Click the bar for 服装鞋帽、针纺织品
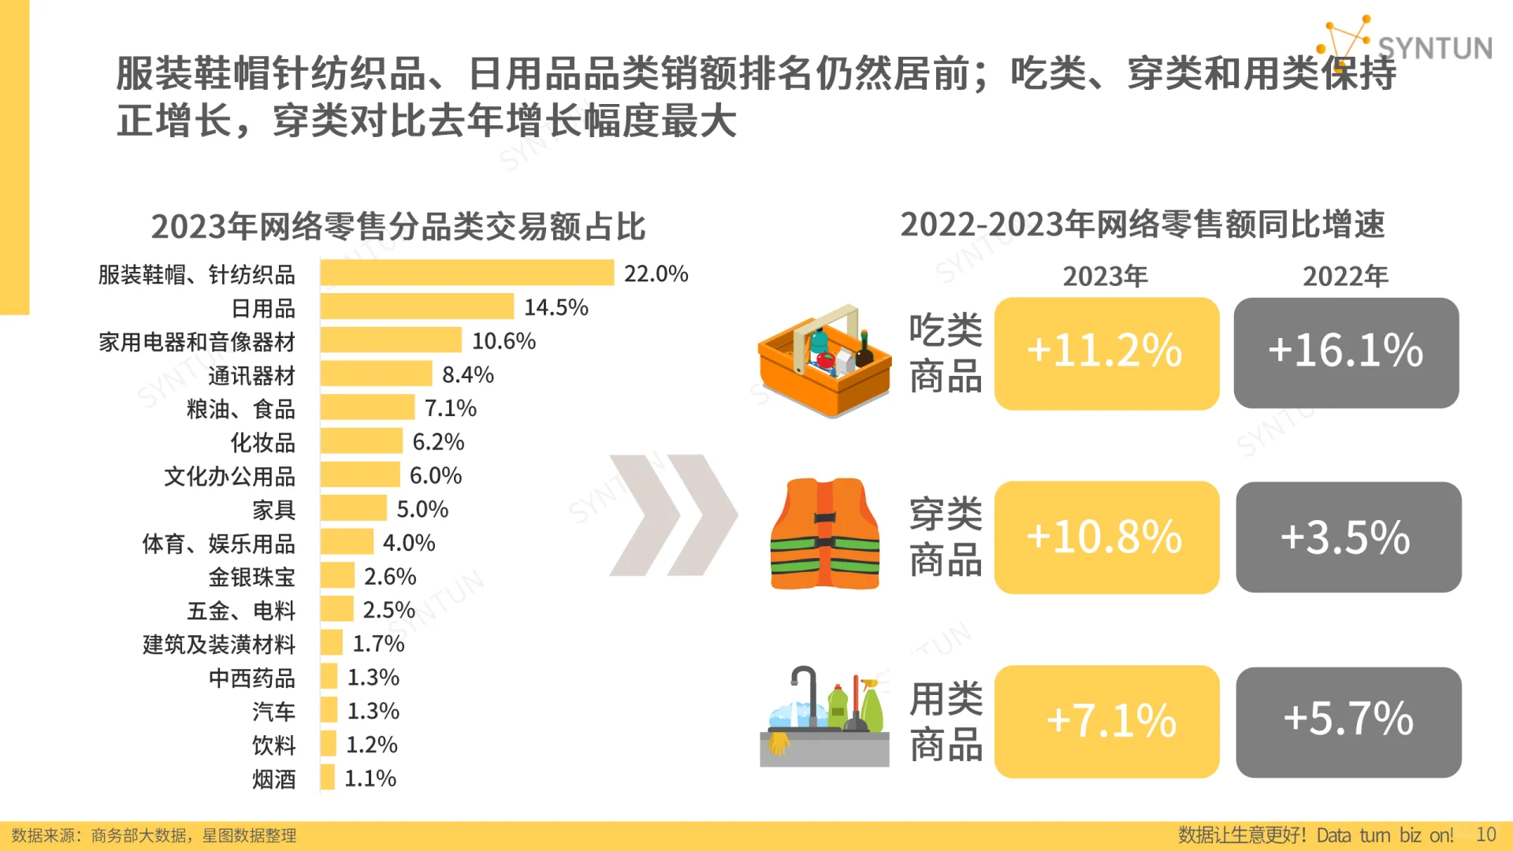coord(467,273)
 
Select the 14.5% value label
coord(556,307)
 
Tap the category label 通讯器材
coord(251,376)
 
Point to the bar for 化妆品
coord(361,441)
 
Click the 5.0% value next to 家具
coord(422,509)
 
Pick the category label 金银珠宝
coord(251,577)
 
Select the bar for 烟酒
coord(328,779)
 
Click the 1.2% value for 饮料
coord(371,745)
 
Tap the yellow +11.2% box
coord(1106,353)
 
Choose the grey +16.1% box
coord(1345,353)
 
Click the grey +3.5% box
coord(1348,537)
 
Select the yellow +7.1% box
coord(1106,722)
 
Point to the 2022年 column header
coord(1344,277)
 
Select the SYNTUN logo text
coord(1433,49)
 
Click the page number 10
coord(1485,834)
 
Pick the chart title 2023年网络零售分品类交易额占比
coord(398,227)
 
